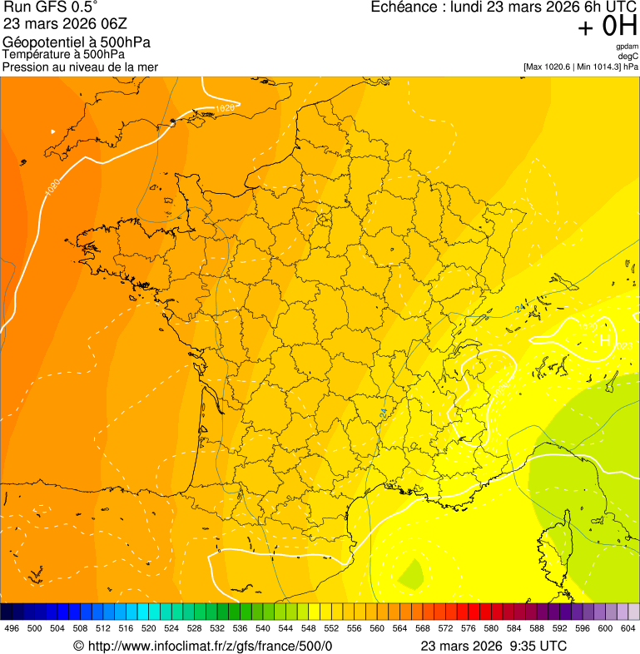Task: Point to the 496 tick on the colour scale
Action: pyautogui.click(x=12, y=629)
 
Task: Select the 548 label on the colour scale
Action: pyautogui.click(x=308, y=629)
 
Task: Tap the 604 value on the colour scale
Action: pyautogui.click(x=628, y=629)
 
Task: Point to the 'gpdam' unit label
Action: pyautogui.click(x=627, y=47)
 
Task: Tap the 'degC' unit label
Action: pyautogui.click(x=628, y=56)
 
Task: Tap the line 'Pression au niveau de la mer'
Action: pyautogui.click(x=80, y=67)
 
